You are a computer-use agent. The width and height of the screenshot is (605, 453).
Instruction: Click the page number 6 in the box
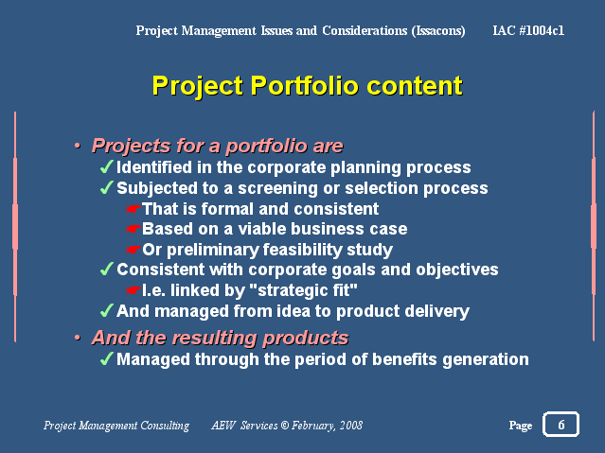tap(561, 425)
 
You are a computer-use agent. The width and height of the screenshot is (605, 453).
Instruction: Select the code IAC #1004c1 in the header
tap(528, 30)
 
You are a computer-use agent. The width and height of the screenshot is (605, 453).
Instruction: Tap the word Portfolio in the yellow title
tap(305, 85)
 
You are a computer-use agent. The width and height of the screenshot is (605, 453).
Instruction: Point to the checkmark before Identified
tap(106, 167)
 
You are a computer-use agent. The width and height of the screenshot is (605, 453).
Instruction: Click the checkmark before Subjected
tap(106, 188)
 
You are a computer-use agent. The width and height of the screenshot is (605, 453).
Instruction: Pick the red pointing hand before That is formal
tap(133, 209)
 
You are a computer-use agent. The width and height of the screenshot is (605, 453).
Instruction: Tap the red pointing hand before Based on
tap(133, 229)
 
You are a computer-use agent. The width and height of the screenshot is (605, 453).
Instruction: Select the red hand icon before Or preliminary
tap(133, 250)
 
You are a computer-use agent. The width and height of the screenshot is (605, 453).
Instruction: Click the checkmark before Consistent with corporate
tap(106, 270)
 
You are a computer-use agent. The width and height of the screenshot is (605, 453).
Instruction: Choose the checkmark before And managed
tap(106, 310)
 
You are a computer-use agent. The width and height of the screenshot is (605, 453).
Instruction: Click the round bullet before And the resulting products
tap(78, 339)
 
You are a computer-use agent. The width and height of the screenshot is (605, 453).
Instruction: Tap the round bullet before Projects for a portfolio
tap(78, 146)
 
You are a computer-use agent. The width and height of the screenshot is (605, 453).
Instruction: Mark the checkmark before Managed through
tap(106, 359)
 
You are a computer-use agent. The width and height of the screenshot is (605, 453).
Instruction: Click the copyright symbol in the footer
tap(285, 426)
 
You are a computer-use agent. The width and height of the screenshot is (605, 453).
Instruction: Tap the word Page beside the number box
tap(521, 426)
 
